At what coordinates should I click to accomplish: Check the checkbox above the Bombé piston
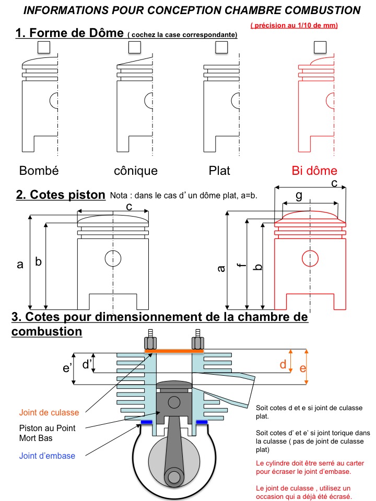(x=43, y=47)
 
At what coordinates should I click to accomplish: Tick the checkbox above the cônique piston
(x=135, y=47)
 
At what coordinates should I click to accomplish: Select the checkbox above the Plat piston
(x=221, y=47)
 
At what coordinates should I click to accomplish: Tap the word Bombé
(x=39, y=171)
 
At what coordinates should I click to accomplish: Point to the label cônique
(x=136, y=171)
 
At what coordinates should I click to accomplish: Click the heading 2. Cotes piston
(x=61, y=195)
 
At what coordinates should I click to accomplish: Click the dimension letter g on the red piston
(x=299, y=195)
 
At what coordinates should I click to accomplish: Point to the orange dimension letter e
(x=302, y=367)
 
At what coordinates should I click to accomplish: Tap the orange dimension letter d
(x=283, y=364)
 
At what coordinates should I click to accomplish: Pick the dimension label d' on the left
(x=87, y=364)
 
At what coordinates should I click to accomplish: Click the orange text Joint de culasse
(x=49, y=412)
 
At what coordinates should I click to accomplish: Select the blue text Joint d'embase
(x=47, y=456)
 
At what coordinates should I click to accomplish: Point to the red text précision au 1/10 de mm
(x=293, y=25)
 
